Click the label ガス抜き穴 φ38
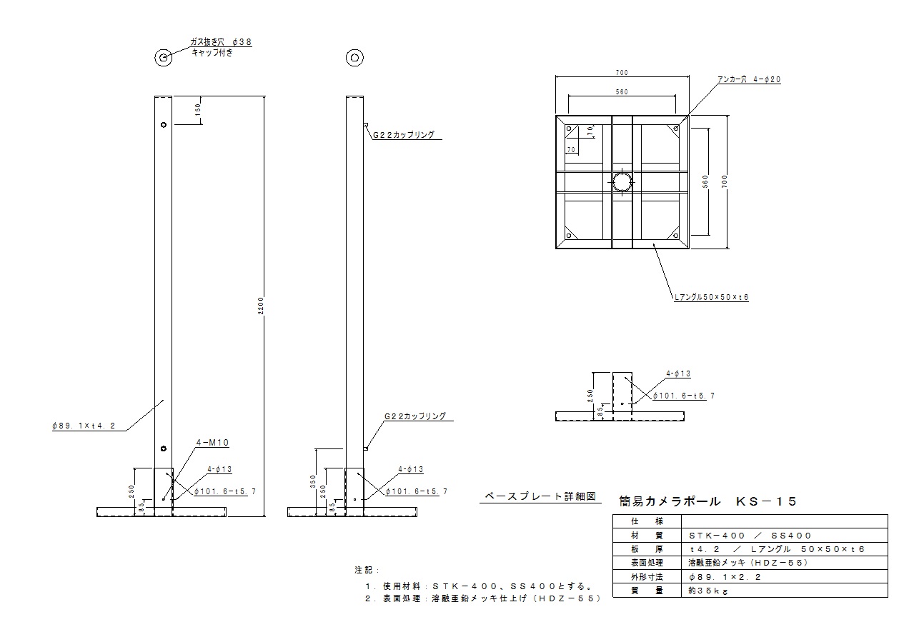tap(220, 42)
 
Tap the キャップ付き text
tap(211, 53)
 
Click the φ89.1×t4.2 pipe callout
tap(81, 426)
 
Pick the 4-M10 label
tap(212, 443)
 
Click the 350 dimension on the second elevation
tap(312, 482)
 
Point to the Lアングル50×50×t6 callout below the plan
tap(711, 296)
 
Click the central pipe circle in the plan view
tap(622, 181)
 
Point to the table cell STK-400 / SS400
tap(750, 535)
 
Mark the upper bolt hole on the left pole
tap(164, 125)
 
